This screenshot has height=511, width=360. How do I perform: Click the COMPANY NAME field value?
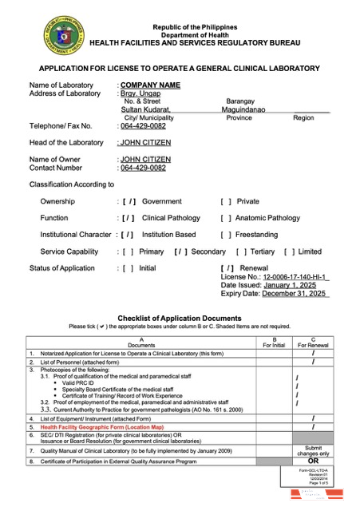click(148, 85)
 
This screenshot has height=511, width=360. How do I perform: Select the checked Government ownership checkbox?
click(128, 202)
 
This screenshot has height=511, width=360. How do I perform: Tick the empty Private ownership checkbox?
click(226, 202)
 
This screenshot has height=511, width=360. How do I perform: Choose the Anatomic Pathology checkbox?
click(226, 218)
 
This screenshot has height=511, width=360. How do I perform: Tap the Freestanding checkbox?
click(226, 235)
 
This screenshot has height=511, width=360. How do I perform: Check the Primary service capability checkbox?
click(128, 252)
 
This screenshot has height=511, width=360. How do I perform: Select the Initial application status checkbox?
click(128, 267)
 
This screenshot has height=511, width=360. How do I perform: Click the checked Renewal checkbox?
click(228, 267)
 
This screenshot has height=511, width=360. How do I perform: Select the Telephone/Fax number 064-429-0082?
click(143, 126)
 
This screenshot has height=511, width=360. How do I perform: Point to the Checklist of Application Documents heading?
click(180, 318)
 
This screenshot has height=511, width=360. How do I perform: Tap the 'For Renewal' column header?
click(313, 344)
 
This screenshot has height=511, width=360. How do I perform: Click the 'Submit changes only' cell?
click(313, 450)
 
